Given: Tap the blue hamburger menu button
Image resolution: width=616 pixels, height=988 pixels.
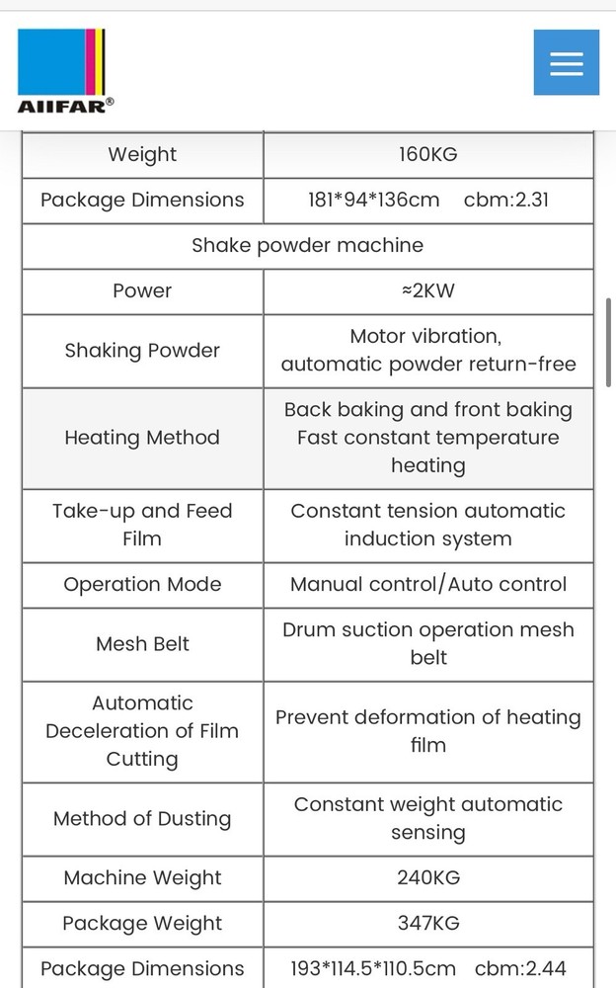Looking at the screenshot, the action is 567,62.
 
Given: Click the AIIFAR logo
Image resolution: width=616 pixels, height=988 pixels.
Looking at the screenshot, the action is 65,71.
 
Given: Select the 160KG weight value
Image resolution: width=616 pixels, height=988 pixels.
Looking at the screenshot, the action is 428,154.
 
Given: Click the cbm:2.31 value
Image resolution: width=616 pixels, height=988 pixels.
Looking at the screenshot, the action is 506,200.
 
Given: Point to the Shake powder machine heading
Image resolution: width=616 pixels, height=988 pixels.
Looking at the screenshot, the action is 307,245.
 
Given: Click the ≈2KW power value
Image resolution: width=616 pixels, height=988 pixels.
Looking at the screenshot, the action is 428,290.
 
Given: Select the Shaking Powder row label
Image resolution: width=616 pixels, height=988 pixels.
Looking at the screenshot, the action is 142,351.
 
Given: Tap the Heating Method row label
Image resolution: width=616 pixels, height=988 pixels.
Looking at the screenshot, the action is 142,438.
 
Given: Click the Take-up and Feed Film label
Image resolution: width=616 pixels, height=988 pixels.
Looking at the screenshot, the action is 142,525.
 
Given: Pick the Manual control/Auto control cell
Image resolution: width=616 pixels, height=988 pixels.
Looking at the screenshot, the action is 428,584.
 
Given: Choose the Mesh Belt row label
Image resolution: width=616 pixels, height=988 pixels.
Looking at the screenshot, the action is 142,644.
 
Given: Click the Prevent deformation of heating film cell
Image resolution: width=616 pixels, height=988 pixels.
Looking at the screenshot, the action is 428,731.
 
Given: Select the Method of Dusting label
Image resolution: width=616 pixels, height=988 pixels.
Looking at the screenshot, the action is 142,818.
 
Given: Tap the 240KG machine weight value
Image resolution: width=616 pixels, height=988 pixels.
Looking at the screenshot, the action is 428,877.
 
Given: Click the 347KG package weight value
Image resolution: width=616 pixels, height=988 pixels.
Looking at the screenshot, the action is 428,923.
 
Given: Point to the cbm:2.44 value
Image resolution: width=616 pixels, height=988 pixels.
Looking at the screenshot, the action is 520,968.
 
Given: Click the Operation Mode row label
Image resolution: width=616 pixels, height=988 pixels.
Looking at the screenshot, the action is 142,584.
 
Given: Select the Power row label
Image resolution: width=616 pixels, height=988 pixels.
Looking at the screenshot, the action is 142,290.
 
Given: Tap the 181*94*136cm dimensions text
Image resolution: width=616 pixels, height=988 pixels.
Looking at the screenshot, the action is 373,200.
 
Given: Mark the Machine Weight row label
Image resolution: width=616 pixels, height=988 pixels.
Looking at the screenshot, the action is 142,877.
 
